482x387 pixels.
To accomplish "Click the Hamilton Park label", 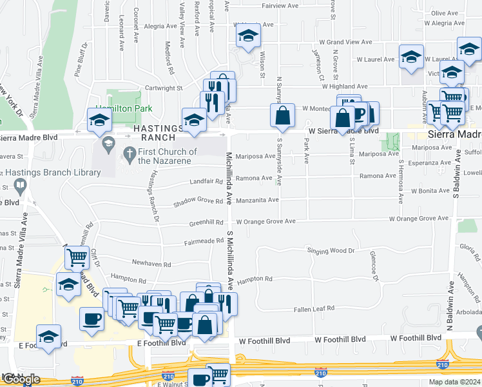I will click(124, 109).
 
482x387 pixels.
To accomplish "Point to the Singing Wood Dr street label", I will click(331, 251).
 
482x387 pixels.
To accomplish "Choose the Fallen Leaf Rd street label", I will click(313, 308).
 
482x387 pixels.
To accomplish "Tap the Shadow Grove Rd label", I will click(198, 203).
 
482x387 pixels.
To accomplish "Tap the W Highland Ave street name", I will click(345, 86).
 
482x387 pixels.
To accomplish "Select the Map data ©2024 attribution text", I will click(455, 382).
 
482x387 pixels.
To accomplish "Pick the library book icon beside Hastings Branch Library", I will click(21, 187).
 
